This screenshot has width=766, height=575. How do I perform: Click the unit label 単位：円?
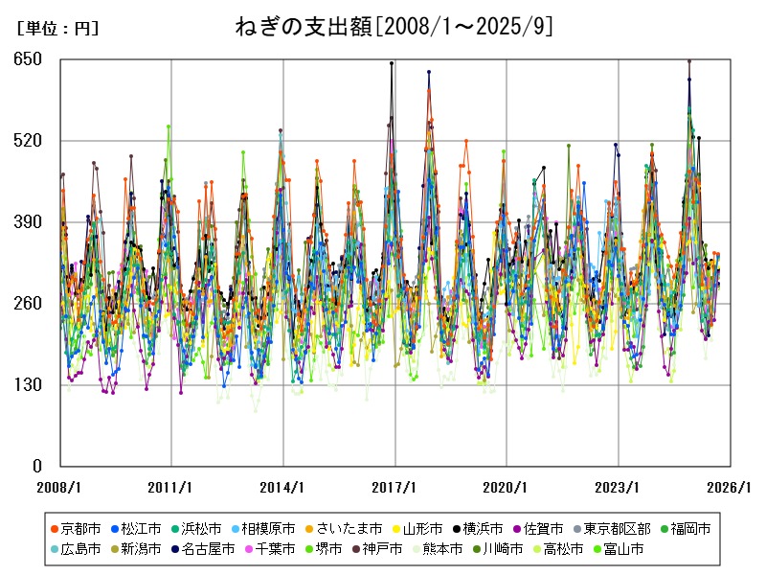[57, 29]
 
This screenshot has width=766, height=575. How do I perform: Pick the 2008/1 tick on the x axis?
[60, 487]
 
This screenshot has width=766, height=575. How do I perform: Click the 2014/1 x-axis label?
[283, 487]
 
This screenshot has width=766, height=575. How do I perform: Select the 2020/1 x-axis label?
[507, 487]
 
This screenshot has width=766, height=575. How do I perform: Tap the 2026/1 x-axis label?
[731, 487]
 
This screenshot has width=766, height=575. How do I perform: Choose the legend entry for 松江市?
[137, 528]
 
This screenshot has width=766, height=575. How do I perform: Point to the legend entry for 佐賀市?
[543, 528]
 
